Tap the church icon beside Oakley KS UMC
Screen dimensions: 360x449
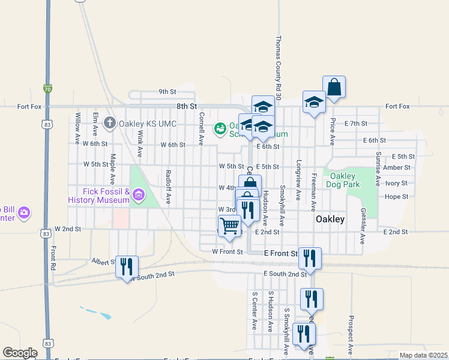click(x=110, y=123)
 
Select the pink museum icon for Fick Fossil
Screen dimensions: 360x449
click(x=139, y=194)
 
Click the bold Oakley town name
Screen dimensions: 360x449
click(x=330, y=220)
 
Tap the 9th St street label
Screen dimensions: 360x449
click(x=167, y=92)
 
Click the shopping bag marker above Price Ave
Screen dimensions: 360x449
click(x=334, y=87)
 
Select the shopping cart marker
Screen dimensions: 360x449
click(x=229, y=226)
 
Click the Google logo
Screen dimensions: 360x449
click(x=20, y=353)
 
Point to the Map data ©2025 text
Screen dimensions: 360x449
click(x=423, y=355)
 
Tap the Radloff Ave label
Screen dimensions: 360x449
click(x=169, y=187)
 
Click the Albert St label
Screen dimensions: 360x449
click(x=103, y=262)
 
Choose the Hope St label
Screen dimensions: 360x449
click(x=396, y=196)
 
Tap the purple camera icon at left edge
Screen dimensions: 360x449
click(x=24, y=212)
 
